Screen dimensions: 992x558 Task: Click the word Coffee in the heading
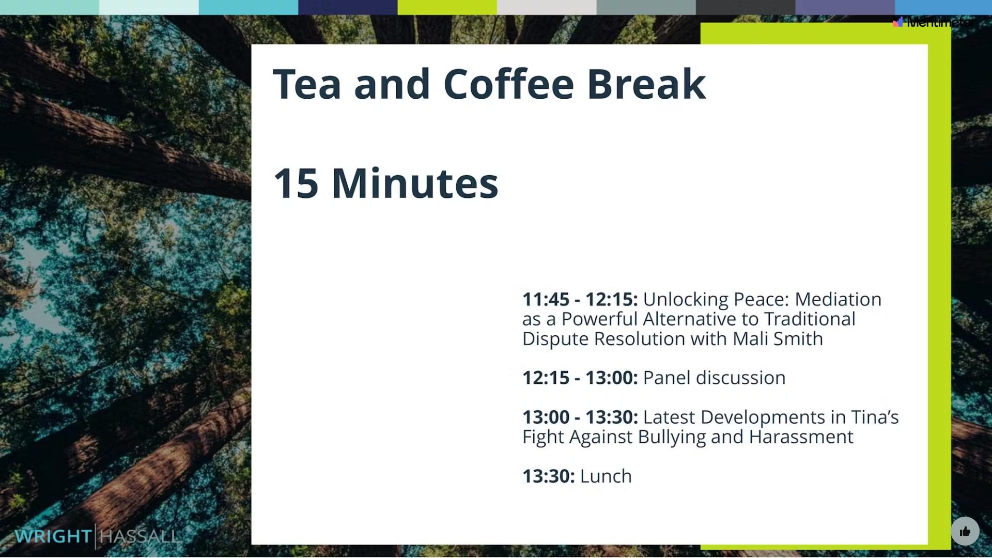(x=508, y=84)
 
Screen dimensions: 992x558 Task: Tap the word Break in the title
(x=646, y=84)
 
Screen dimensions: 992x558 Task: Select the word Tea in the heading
(x=307, y=84)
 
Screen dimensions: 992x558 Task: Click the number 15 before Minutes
(x=296, y=183)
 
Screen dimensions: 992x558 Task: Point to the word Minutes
(x=415, y=183)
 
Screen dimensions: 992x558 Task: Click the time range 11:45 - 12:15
(x=580, y=299)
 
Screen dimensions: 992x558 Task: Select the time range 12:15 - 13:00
(x=580, y=378)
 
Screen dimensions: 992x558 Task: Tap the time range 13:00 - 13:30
(x=580, y=417)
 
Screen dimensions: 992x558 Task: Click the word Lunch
(x=606, y=476)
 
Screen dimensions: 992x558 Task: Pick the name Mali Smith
(x=778, y=339)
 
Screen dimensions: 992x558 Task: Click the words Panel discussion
(x=714, y=378)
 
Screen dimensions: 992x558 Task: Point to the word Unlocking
(x=685, y=300)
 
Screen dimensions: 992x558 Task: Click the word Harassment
(x=801, y=437)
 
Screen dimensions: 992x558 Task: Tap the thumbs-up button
(x=965, y=531)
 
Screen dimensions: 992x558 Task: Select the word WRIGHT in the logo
(x=53, y=536)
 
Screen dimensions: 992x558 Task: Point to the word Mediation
(x=838, y=300)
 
